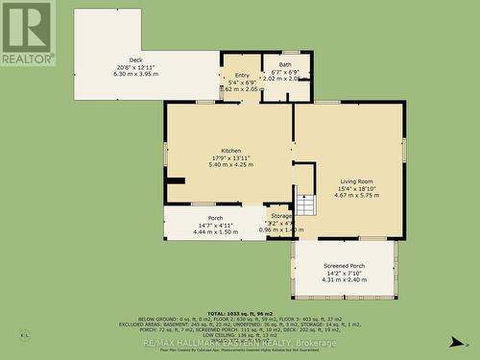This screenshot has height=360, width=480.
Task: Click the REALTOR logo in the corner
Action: point(27,33)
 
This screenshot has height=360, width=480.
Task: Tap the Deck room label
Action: point(122,60)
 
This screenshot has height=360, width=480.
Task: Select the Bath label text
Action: point(286,64)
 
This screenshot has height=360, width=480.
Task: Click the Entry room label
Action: point(241,74)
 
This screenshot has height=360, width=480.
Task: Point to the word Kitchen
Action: point(231,151)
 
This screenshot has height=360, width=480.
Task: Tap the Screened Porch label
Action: point(344,265)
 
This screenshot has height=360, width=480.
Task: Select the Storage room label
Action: point(280,217)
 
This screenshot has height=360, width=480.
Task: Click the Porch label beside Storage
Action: point(215,218)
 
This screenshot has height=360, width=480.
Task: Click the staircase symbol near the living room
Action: point(305,204)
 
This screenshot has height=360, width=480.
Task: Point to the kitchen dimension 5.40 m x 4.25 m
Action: point(231,164)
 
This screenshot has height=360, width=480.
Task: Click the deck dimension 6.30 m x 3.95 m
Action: point(122,74)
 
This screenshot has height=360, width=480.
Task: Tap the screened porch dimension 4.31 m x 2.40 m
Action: point(344,279)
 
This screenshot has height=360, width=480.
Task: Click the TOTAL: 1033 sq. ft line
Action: point(240,314)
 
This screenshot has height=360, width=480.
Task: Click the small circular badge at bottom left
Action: point(23,336)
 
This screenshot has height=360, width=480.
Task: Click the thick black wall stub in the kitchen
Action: point(175,180)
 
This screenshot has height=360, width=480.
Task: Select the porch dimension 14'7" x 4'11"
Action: point(215,225)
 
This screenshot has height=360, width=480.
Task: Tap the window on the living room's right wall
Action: point(404,150)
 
